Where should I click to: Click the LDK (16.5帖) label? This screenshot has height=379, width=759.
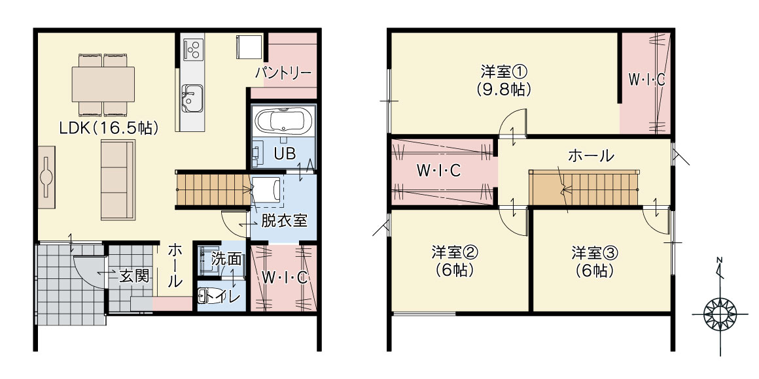click(109, 128)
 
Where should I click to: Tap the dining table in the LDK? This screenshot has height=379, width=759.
click(103, 84)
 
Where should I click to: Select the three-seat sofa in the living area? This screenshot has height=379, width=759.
click(118, 179)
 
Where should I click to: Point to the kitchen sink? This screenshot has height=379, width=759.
click(192, 97)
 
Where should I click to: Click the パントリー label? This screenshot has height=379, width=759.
click(283, 73)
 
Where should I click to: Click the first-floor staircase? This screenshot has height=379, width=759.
click(213, 189)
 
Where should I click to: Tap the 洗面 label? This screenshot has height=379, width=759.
click(226, 259)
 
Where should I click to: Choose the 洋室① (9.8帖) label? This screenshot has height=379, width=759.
click(503, 81)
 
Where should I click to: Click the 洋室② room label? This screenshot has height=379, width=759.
click(455, 261)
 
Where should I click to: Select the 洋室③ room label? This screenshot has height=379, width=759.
click(594, 261)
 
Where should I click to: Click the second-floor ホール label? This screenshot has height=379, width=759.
click(591, 156)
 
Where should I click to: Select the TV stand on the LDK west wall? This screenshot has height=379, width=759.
click(46, 177)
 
